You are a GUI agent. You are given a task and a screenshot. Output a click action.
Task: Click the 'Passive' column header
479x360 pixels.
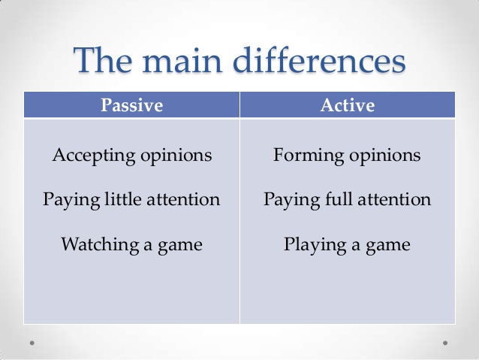pos(131,105)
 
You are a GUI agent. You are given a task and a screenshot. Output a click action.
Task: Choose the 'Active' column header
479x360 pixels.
pos(347,105)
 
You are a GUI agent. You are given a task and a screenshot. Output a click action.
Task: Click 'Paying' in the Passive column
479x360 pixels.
pos(67,201)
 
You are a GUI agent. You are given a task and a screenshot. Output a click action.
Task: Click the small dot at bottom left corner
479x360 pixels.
pos(32,342)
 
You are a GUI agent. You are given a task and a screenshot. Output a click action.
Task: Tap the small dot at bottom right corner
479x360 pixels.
pos(445,342)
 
